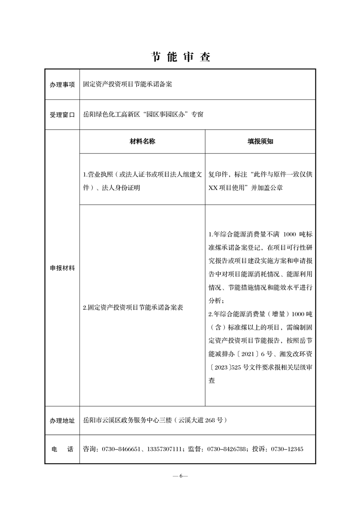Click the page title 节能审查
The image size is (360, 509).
180,57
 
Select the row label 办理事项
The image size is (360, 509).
62,84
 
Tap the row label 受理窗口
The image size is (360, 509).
62,115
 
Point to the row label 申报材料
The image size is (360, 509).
62,268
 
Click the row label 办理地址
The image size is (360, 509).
62,421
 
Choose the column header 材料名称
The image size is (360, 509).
142,142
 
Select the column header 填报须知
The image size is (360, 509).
260,142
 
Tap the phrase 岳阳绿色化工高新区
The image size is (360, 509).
111,114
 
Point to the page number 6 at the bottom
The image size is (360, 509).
180,475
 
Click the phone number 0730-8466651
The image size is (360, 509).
121,449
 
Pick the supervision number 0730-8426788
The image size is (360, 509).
227,449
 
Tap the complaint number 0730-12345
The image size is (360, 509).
287,449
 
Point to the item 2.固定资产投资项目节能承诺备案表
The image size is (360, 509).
133,307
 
